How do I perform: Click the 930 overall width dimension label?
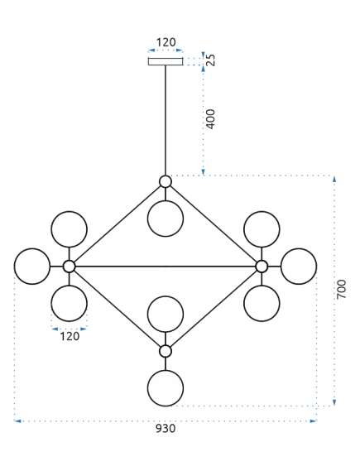[x=166, y=428]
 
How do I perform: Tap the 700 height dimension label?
[x=341, y=289]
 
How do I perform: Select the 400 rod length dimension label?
[x=211, y=119]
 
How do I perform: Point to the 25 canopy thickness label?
[x=211, y=60]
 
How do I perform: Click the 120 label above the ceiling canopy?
[x=166, y=42]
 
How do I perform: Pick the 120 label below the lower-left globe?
[x=70, y=336]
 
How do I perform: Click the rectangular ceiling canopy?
[x=166, y=61]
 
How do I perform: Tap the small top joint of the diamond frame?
[x=166, y=181]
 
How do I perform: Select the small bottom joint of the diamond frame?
[x=166, y=351]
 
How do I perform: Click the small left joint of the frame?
[x=70, y=267]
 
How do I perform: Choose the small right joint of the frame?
[x=262, y=267]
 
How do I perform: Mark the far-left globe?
[x=32, y=267]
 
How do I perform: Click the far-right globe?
[x=299, y=267]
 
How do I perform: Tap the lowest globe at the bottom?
[x=166, y=388]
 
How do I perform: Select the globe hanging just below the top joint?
[x=166, y=219]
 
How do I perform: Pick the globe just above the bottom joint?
[x=166, y=314]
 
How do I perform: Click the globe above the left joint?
[x=70, y=229]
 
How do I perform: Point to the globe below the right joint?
[x=262, y=304]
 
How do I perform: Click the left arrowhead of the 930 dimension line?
[x=17, y=421]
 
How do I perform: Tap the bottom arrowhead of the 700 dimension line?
[x=334, y=402]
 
